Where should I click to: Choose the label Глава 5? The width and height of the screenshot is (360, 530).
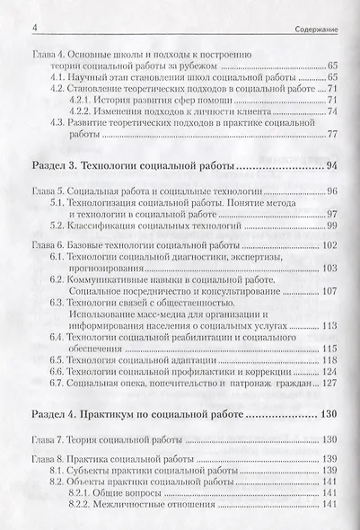point(48,194)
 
